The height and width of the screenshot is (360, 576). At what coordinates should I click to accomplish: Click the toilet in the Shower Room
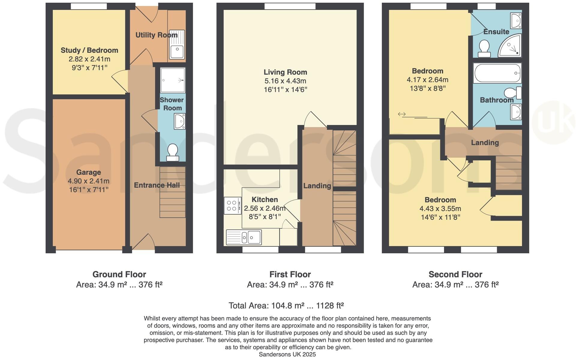(x=172, y=152)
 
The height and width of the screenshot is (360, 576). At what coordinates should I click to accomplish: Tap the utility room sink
(x=177, y=44)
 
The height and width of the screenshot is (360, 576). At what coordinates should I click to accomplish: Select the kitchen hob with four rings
(x=232, y=205)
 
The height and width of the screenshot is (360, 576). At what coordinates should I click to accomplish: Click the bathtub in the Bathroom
(x=497, y=73)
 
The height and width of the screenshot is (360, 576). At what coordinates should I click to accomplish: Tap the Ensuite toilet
(x=484, y=49)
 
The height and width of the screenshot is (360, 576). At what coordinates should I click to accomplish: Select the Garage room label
(x=88, y=172)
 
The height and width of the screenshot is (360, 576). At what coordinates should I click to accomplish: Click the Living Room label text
(x=285, y=72)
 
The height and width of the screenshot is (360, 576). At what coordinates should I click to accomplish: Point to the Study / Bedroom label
(x=89, y=50)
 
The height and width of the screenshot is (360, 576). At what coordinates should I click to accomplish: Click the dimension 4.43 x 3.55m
(x=440, y=209)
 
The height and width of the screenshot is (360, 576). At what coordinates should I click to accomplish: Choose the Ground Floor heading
(x=119, y=274)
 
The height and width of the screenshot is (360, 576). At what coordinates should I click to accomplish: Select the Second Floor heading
(x=455, y=274)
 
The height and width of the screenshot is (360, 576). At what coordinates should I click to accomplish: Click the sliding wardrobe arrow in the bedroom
(x=402, y=114)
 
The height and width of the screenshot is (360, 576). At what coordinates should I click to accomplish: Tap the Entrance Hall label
(x=157, y=185)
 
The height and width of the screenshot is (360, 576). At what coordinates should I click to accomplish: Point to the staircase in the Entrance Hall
(x=172, y=192)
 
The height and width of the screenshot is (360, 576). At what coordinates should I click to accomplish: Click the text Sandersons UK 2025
(x=287, y=354)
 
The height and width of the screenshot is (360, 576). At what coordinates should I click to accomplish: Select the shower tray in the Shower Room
(x=172, y=80)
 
